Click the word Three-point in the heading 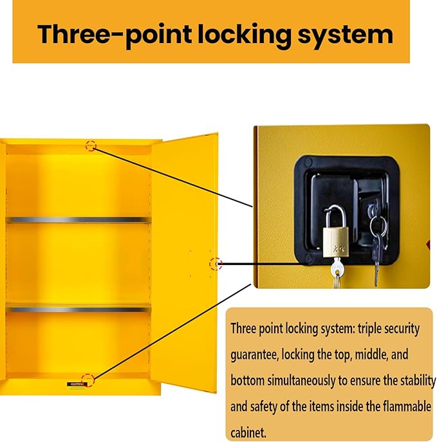pos(114,35)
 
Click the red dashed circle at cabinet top pos(91,146)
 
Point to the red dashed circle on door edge pos(216,264)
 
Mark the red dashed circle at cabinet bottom pos(88,380)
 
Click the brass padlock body pos(335,242)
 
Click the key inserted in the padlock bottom pos(337,272)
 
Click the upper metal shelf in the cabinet pos(78,219)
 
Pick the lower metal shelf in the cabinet pos(78,309)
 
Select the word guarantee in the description pos(254,355)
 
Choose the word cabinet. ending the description pos(248,432)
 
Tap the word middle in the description pos(371,355)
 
